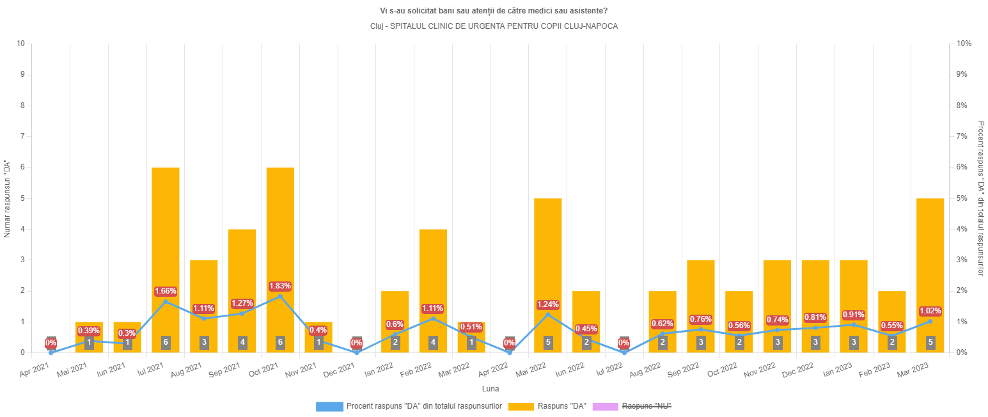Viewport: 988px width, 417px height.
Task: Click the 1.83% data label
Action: [x=280, y=286]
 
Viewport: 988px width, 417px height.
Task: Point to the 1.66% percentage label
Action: [x=165, y=291]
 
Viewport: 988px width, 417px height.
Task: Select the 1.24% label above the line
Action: [x=548, y=304]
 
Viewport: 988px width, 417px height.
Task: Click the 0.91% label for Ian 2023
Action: [x=853, y=315]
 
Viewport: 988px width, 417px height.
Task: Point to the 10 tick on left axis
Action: [x=21, y=43]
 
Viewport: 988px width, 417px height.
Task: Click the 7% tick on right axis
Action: [x=964, y=136]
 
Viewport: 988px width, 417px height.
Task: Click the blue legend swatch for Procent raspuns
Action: [x=329, y=406]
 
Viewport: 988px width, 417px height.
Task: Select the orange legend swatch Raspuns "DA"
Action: [x=520, y=406]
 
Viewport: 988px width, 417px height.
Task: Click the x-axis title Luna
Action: [x=490, y=388]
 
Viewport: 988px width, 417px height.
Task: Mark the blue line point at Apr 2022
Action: [x=510, y=352]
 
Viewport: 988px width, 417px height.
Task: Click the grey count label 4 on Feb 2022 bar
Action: [x=433, y=342]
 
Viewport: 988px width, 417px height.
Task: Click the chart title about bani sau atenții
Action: [x=494, y=11]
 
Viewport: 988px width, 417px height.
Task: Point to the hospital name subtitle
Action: [x=494, y=26]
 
